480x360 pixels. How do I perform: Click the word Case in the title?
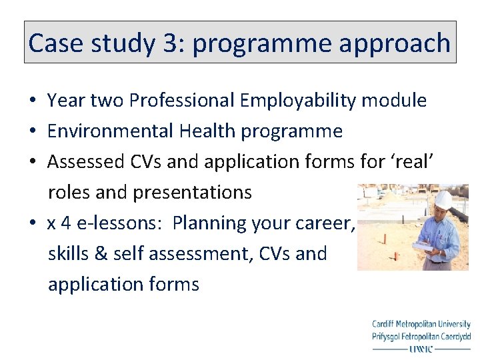55,43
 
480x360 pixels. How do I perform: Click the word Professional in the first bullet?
181,101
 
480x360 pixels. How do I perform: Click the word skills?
69,254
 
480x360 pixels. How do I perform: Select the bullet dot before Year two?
32,101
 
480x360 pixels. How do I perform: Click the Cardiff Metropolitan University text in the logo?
421,325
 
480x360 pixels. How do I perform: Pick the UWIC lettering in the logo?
421,348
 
